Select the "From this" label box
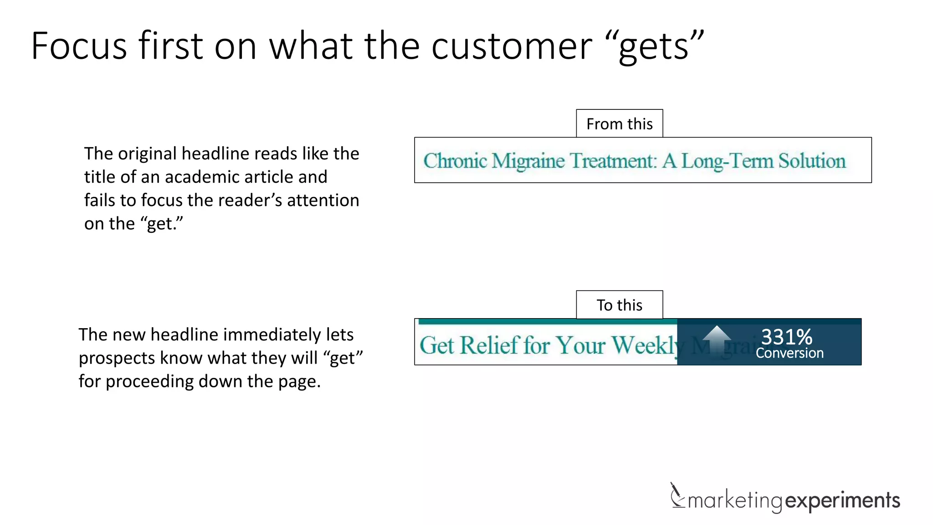pyautogui.click(x=619, y=124)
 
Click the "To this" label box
pyautogui.click(x=619, y=305)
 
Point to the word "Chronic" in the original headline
pyautogui.click(x=455, y=161)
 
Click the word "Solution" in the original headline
pyautogui.click(x=811, y=161)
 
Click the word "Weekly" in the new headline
pyautogui.click(x=645, y=345)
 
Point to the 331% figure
pyautogui.click(x=787, y=337)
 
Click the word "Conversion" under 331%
pyautogui.click(x=789, y=353)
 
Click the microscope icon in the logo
pyautogui.click(x=677, y=496)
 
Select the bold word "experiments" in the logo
pyautogui.click(x=843, y=500)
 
